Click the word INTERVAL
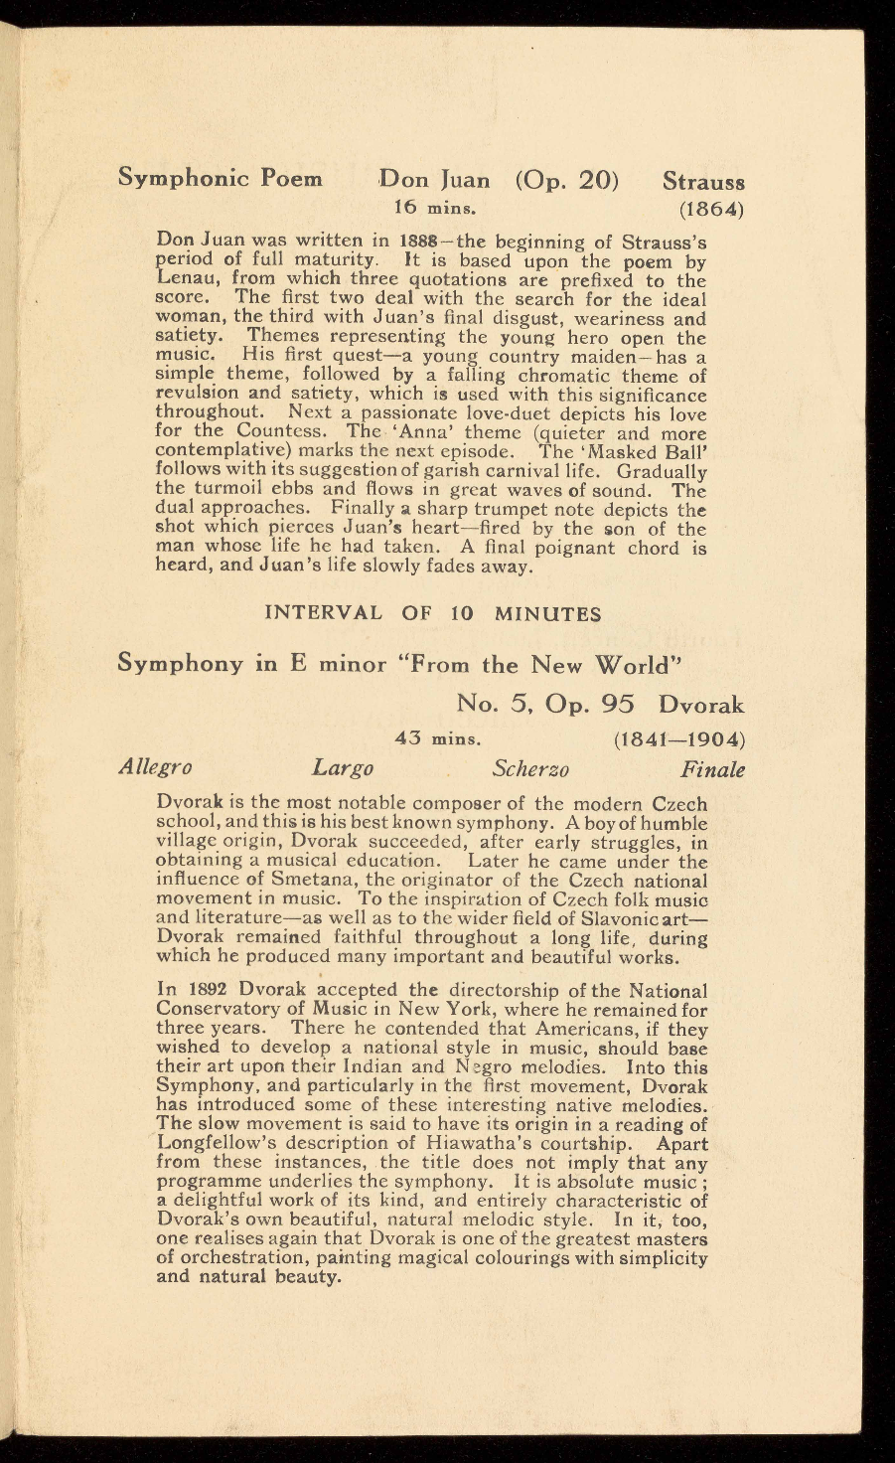coord(323,613)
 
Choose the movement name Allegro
coord(155,767)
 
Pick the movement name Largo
coord(343,767)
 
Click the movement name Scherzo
coord(530,768)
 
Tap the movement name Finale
coord(712,768)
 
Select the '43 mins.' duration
coord(438,739)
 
